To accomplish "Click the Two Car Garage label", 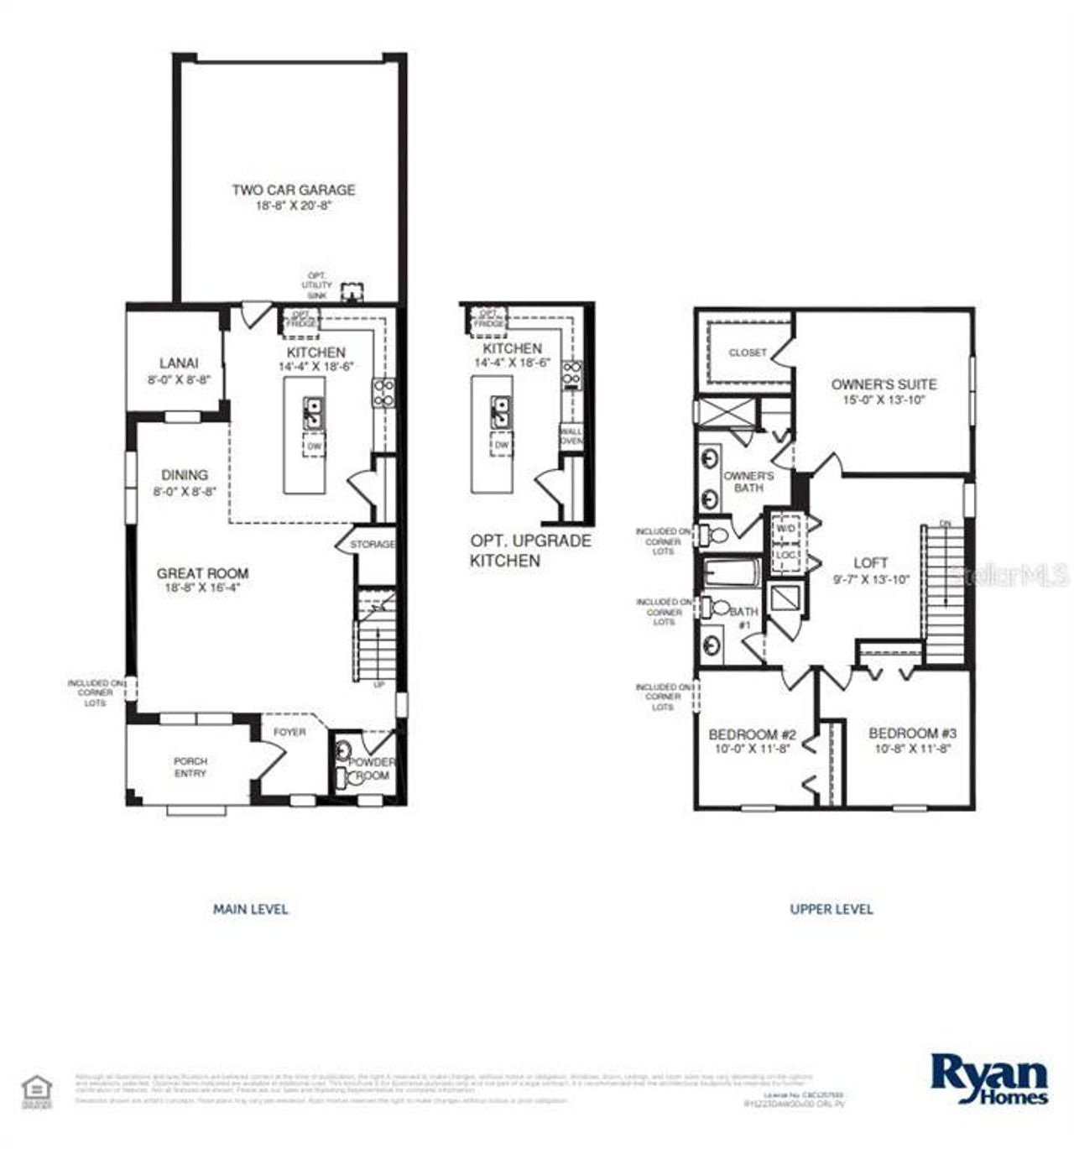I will pyautogui.click(x=294, y=191).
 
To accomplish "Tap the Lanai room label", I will pyautogui.click(x=179, y=363).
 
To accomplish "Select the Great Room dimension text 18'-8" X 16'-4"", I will pyautogui.click(x=203, y=588).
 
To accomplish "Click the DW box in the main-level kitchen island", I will pyautogui.click(x=315, y=447).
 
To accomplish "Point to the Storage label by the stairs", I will pyautogui.click(x=372, y=545).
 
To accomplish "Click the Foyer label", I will pyautogui.click(x=290, y=732).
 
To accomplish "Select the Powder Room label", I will pyautogui.click(x=372, y=768).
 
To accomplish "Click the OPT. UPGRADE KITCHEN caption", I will pyautogui.click(x=529, y=551).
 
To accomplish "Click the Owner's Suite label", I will pyautogui.click(x=884, y=384).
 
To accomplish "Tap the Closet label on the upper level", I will pyautogui.click(x=747, y=353).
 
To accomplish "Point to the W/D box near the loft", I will pyautogui.click(x=785, y=529).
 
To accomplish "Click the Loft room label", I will pyautogui.click(x=870, y=562).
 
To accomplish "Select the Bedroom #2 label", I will pyautogui.click(x=752, y=733).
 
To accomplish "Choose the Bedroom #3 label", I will pyautogui.click(x=913, y=733).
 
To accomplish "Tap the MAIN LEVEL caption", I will pyautogui.click(x=250, y=909).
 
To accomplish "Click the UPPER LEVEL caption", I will pyautogui.click(x=831, y=909).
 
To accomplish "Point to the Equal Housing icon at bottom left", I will pyautogui.click(x=36, y=1089).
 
